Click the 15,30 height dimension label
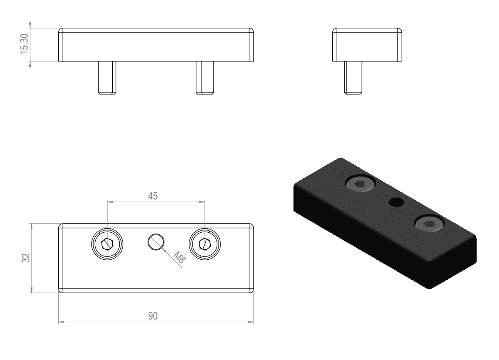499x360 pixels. click(24, 44)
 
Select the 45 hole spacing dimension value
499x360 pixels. click(153, 196)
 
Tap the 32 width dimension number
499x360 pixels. click(26, 258)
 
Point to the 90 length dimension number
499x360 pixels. click(153, 316)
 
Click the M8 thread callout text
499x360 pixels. click(179, 257)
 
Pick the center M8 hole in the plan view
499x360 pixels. click(156, 242)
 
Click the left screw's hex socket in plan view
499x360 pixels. click(107, 244)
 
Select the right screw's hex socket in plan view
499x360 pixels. click(205, 244)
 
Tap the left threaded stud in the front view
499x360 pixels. click(107, 78)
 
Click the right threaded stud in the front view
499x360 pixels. click(205, 78)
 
